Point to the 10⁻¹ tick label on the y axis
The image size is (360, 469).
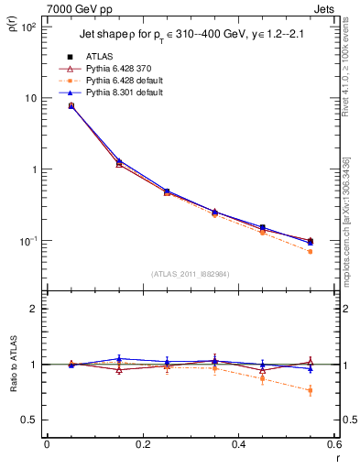[x=27, y=241]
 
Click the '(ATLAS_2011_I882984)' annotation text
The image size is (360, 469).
[x=190, y=273]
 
